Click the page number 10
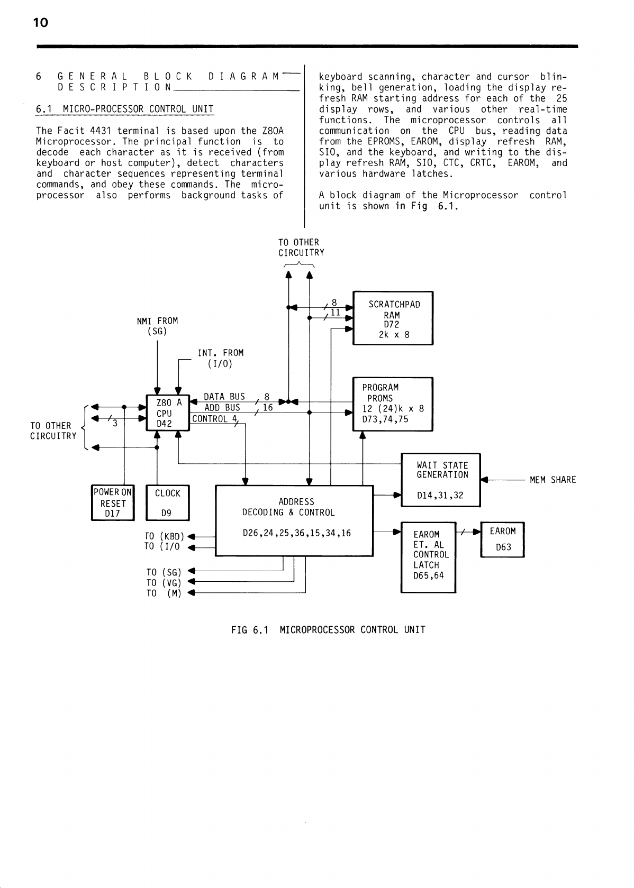40,23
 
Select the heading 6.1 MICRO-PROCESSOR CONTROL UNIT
124,109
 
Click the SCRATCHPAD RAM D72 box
393,318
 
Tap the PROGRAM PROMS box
393,404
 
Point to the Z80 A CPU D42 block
168,413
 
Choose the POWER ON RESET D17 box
113,503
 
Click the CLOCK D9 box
167,503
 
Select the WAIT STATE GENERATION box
441,480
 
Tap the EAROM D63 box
502,539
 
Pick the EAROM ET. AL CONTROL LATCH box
429,557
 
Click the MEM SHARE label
553,480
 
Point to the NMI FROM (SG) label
157,326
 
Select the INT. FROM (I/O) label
221,358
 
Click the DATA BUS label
224,397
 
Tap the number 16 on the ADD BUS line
268,408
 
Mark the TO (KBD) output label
164,536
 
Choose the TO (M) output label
164,593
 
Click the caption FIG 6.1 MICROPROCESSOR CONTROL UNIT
328,630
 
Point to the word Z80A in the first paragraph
273,131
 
